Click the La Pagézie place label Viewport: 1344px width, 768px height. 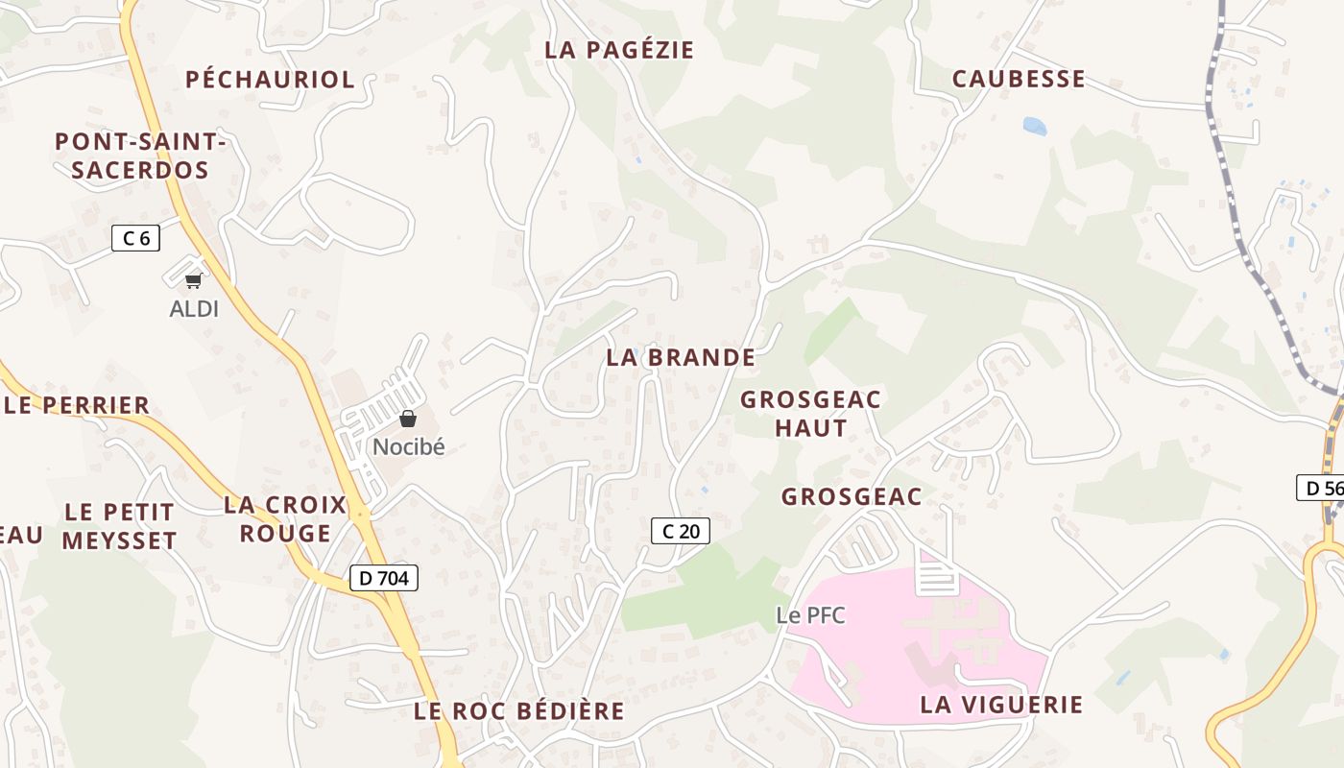[x=619, y=50]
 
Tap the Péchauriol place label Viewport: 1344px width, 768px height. [x=270, y=79]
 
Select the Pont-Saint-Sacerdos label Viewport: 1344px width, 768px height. [x=139, y=156]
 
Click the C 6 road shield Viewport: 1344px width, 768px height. [x=135, y=237]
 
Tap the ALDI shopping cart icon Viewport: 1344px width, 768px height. [x=194, y=280]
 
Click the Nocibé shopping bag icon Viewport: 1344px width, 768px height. [x=408, y=419]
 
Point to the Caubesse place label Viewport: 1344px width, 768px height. [x=1019, y=79]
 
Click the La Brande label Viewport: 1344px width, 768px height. [x=681, y=357]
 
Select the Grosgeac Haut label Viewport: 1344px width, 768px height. [x=811, y=414]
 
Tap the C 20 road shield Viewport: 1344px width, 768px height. [x=681, y=531]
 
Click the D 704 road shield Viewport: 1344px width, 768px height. [x=384, y=578]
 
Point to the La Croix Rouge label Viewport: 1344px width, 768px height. [x=285, y=518]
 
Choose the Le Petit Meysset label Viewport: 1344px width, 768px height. [x=120, y=526]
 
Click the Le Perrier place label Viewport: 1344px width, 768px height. [x=77, y=405]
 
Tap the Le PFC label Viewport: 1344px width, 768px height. [x=811, y=615]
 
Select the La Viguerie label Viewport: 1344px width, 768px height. [x=1001, y=705]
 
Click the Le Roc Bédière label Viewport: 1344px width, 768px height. [x=519, y=711]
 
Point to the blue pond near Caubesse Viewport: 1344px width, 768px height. [x=1034, y=126]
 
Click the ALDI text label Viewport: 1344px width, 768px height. [x=194, y=309]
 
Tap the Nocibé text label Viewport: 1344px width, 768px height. [x=409, y=446]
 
